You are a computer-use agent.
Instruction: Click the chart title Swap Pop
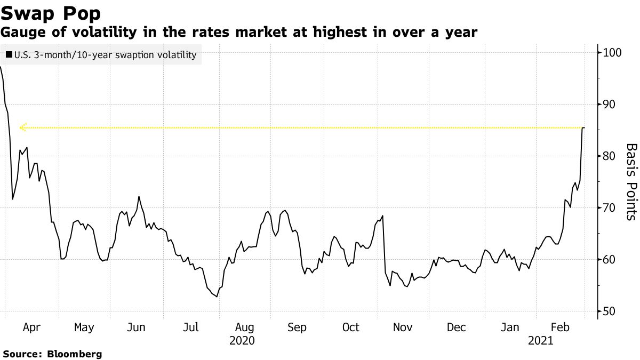click(51, 12)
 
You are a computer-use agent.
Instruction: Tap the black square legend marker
click(9, 55)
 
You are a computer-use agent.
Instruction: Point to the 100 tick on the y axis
click(613, 52)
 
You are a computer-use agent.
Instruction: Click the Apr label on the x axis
click(32, 327)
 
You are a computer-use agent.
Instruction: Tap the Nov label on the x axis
click(404, 327)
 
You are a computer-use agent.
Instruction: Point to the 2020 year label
click(242, 340)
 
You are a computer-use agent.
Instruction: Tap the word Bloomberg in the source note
click(75, 354)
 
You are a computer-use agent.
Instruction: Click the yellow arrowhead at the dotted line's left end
click(22, 127)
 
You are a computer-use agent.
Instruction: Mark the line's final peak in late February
click(583, 128)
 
